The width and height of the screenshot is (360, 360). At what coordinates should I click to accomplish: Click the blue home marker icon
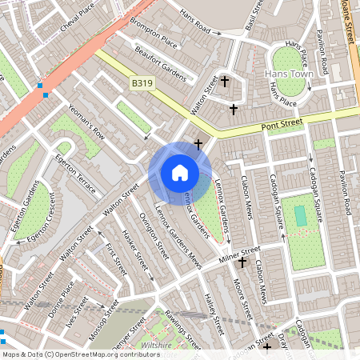180,173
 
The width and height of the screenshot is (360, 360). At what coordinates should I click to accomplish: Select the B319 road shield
142,82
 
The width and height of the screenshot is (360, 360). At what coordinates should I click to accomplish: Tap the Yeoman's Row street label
86,121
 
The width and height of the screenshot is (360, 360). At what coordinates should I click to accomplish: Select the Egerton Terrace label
76,171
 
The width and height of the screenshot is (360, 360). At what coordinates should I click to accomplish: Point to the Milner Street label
239,257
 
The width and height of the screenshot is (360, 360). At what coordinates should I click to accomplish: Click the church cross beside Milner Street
242,262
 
